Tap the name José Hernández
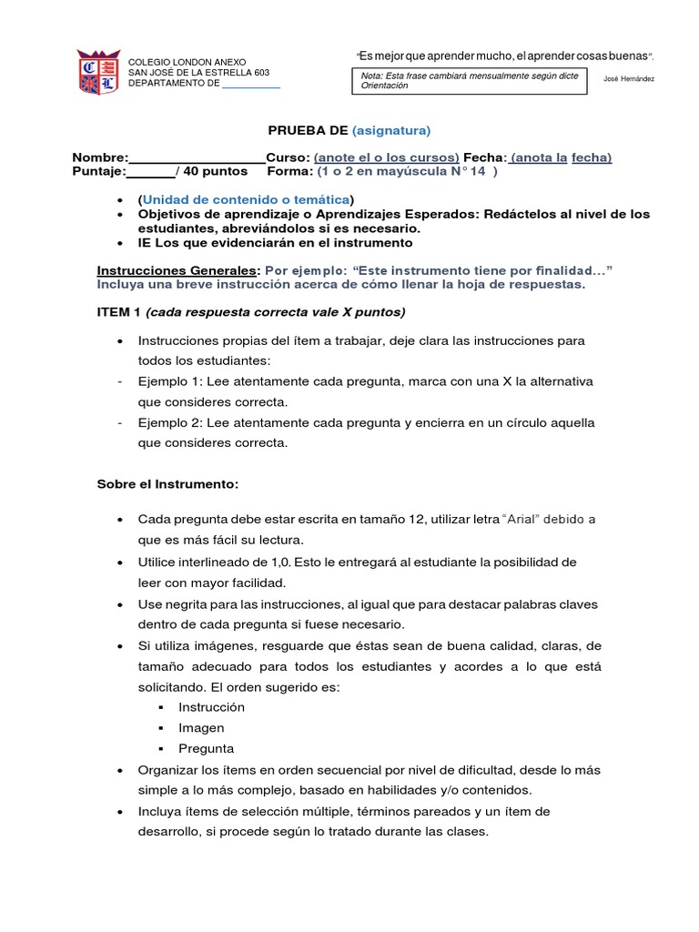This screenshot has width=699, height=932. pyautogui.click(x=628, y=78)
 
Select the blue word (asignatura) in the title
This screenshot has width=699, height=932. pyautogui.click(x=390, y=130)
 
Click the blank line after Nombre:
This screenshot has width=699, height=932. pyautogui.click(x=198, y=157)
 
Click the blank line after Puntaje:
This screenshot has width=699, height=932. pyautogui.click(x=149, y=170)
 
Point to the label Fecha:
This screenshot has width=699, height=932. pyautogui.click(x=483, y=157)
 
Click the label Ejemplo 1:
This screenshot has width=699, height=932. pyautogui.click(x=171, y=381)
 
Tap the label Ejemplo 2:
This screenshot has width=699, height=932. pyautogui.click(x=171, y=423)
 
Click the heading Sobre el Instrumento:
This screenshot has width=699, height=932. pyautogui.click(x=167, y=484)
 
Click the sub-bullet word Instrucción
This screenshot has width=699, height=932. pyautogui.click(x=211, y=707)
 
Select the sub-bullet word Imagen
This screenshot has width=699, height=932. pyautogui.click(x=201, y=728)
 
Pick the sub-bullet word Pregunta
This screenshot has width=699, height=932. pyautogui.click(x=206, y=749)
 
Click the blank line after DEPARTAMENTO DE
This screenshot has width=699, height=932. pyautogui.click(x=251, y=84)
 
